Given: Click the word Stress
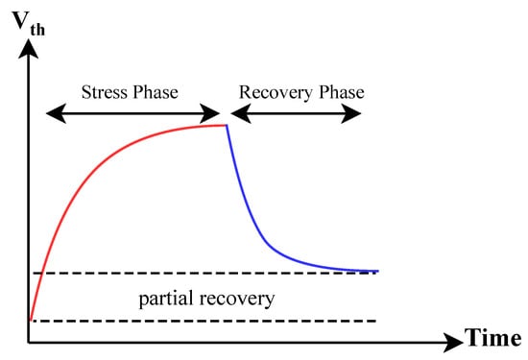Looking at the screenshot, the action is click(104, 92).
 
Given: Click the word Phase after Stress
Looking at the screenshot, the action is click(155, 92).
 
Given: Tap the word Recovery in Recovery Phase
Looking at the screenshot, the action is click(276, 93).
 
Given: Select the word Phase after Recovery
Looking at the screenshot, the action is click(342, 92).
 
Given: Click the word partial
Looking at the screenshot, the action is click(166, 299).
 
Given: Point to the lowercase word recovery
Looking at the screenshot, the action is click(237, 300).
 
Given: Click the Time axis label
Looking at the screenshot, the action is click(493, 338).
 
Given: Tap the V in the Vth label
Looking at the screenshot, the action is click(20, 20).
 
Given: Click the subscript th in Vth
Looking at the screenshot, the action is click(37, 30).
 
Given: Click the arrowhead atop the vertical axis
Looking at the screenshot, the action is click(28, 49).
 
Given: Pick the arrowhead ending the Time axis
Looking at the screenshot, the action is click(453, 343).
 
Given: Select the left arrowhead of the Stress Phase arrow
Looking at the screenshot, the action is click(56, 113).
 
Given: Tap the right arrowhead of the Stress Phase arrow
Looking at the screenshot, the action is click(210, 113).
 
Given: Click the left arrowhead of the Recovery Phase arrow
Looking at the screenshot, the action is click(240, 113).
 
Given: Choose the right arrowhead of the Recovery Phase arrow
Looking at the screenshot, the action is click(351, 113).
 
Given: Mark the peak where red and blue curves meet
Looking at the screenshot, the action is click(227, 125).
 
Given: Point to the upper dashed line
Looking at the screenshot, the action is click(204, 273).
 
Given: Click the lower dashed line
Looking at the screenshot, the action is click(204, 321).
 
